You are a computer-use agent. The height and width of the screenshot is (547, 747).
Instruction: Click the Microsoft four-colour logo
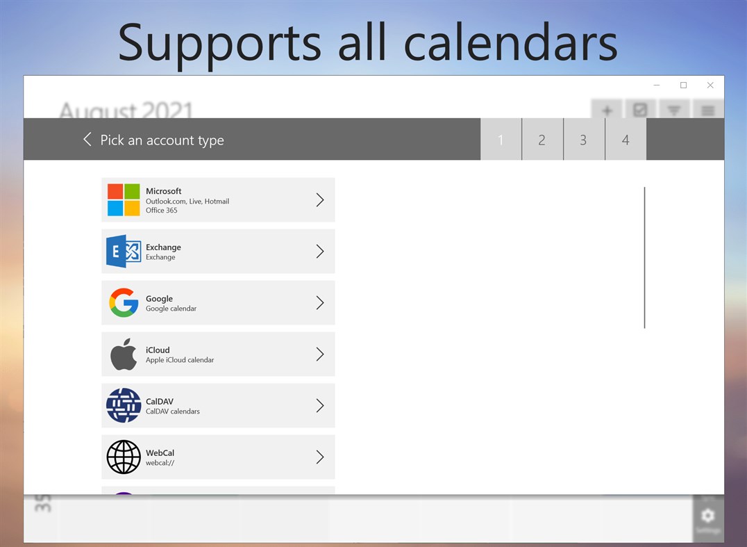(x=124, y=200)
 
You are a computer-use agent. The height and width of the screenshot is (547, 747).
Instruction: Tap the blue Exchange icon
(x=124, y=252)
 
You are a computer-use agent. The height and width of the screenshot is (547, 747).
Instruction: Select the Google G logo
(x=124, y=303)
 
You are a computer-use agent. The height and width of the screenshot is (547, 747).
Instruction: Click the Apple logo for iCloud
(x=124, y=354)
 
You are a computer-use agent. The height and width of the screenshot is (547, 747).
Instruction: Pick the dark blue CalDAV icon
(x=124, y=406)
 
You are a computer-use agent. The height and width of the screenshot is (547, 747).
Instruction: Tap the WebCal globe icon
(x=124, y=457)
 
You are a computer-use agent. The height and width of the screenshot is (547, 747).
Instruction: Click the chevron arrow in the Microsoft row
(x=320, y=200)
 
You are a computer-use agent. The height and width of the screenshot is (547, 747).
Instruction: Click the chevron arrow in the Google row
(x=320, y=303)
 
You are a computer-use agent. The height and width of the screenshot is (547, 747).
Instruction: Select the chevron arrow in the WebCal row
(x=320, y=457)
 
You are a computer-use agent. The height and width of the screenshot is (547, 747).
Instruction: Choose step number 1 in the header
(x=501, y=140)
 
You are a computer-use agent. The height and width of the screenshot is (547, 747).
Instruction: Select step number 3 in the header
(x=583, y=140)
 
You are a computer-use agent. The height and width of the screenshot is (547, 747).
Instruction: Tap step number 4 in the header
(x=626, y=140)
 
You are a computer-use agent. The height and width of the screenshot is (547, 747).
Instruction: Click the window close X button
(x=710, y=85)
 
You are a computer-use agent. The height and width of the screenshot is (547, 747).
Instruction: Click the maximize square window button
(x=683, y=85)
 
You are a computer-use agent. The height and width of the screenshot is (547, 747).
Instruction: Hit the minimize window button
(x=657, y=85)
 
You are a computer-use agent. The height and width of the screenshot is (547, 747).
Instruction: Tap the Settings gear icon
(x=707, y=516)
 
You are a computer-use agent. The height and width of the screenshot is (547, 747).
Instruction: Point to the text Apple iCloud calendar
(x=180, y=360)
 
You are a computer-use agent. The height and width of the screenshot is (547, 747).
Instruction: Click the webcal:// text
(x=160, y=463)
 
